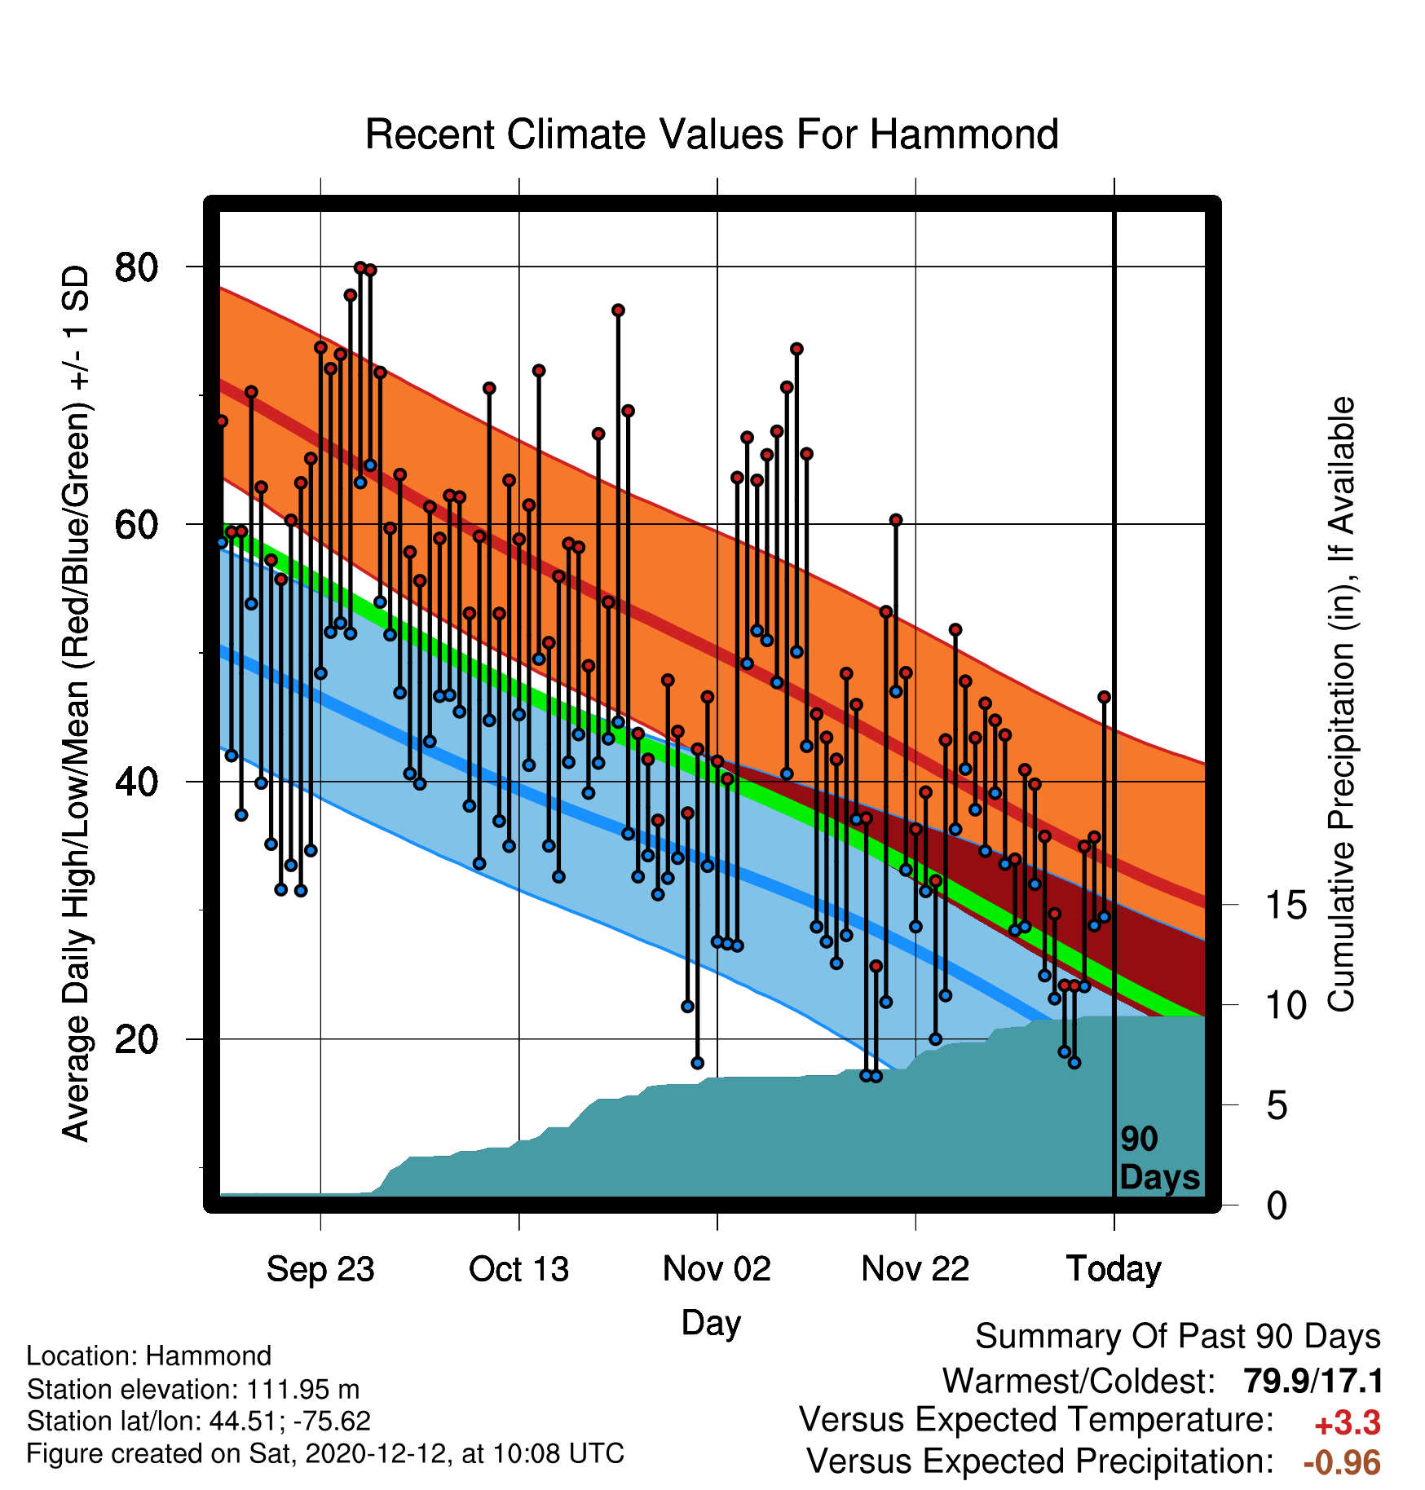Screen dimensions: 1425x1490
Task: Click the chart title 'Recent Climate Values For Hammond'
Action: [x=712, y=134]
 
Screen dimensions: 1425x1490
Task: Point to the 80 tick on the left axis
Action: [x=136, y=267]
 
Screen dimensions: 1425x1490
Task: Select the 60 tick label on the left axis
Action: [x=136, y=524]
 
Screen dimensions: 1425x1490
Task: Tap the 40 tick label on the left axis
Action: [x=136, y=782]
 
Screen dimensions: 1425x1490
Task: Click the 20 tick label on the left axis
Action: [x=136, y=1039]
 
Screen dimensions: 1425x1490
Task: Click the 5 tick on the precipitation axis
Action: [x=1277, y=1105]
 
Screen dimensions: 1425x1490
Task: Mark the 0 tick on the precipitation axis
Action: [x=1277, y=1205]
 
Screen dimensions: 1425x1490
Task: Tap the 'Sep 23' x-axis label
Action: [x=320, y=1269]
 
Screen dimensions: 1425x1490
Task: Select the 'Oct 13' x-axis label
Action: [x=518, y=1269]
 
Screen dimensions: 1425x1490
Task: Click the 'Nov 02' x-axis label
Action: [x=717, y=1269]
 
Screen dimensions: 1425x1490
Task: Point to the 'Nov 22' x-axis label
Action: [x=915, y=1269]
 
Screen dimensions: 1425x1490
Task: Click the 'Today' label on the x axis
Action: [x=1114, y=1269]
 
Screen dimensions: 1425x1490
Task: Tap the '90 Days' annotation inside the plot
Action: [x=1159, y=1158]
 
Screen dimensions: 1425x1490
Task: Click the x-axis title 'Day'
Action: [x=711, y=1323]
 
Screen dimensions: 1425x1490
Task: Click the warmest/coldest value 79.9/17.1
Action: [x=1313, y=1382]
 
